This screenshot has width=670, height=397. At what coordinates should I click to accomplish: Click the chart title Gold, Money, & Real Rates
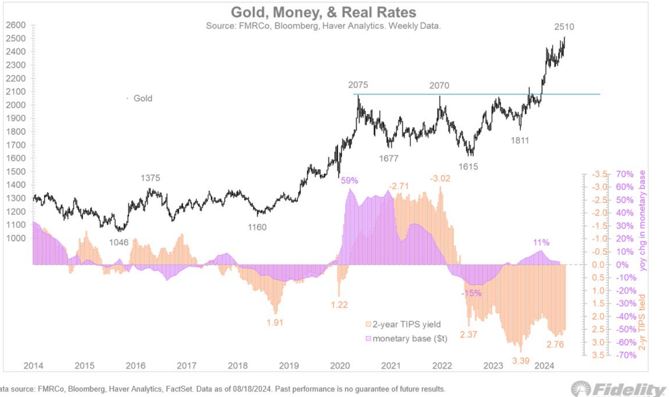coord(323,12)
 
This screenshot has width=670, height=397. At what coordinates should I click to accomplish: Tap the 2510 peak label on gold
coord(564,27)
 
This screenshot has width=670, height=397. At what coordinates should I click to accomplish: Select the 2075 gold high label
coord(358,85)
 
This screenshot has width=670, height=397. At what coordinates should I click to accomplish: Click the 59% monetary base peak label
coord(349,180)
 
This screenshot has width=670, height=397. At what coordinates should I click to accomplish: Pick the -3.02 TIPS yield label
coord(440,179)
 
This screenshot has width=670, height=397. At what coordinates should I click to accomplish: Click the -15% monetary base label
coord(471,293)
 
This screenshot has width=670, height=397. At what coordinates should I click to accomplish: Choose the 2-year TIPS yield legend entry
coord(403,325)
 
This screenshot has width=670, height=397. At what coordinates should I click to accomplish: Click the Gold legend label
coord(143,98)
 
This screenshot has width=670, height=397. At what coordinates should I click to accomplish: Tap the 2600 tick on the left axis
coord(15,25)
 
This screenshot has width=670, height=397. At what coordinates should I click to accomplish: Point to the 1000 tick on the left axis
coord(15,238)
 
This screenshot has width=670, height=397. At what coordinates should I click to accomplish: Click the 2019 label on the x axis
coord(289,365)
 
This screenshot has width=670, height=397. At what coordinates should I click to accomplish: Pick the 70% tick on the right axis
coord(625,174)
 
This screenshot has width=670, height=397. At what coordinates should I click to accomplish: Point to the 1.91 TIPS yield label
coord(274,323)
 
